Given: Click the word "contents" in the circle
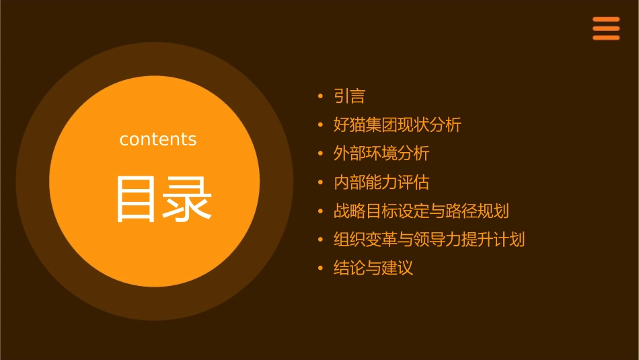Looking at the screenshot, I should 158,139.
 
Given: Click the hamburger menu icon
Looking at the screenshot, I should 605,28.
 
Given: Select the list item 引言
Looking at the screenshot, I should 349,96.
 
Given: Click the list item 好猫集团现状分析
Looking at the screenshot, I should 397,125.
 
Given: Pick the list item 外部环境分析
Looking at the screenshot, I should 381,153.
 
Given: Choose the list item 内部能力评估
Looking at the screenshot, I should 381,182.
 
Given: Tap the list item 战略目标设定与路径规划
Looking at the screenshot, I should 421,211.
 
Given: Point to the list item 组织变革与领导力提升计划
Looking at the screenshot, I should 429,240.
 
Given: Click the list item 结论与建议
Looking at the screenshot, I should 373,268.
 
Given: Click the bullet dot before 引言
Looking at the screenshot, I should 320,97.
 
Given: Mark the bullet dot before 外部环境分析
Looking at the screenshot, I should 320,154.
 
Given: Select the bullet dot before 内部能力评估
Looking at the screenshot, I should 320,183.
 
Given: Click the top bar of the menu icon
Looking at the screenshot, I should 605,20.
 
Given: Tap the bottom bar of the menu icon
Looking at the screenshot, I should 605,38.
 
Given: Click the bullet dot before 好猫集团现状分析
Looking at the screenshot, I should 320,126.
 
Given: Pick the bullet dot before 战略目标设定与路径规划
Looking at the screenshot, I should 320,212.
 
